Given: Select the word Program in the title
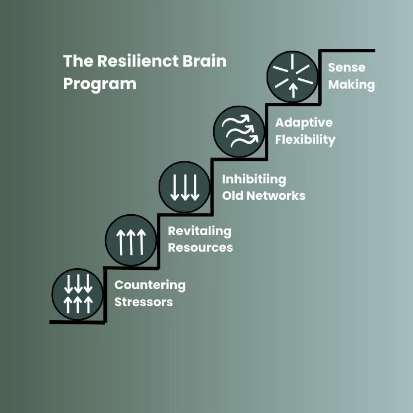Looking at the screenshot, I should (100, 84).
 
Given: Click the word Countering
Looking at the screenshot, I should (150, 285).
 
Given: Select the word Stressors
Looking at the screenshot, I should (144, 302).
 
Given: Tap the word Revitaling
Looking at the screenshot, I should (199, 231).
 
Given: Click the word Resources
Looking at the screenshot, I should (200, 247).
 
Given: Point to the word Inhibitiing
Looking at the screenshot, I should (254, 179).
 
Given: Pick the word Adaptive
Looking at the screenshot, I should (304, 122).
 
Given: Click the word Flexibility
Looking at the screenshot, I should (305, 139).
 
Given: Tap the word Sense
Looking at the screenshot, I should (346, 68).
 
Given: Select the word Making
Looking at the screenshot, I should (351, 85).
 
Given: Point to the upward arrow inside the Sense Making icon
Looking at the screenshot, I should (293, 89).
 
